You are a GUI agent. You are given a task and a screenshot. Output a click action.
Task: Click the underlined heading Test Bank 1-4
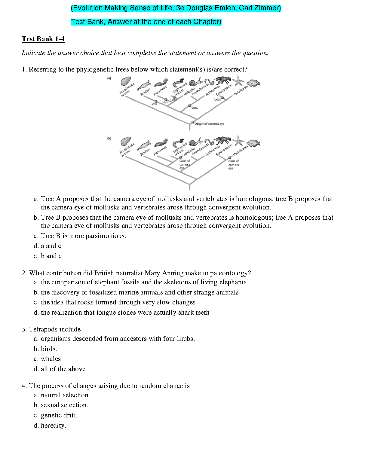(x=43, y=39)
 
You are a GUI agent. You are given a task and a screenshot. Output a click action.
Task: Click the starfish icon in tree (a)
(x=239, y=81)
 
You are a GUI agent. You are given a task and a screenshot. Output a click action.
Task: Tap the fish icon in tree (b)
(x=253, y=143)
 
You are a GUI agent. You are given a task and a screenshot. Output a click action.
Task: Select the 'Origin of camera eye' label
(x=209, y=124)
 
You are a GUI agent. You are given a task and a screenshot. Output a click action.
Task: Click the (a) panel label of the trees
(x=109, y=78)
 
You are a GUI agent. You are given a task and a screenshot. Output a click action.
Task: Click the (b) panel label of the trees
(x=109, y=138)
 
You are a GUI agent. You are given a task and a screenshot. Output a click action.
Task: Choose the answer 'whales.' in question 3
(x=52, y=359)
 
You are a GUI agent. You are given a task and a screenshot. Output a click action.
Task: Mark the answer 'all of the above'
(x=63, y=369)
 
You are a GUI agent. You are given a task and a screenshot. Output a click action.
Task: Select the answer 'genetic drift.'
(x=59, y=415)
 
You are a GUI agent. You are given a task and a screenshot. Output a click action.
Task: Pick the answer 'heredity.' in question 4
(x=54, y=426)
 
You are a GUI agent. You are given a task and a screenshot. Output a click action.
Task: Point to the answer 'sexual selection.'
(x=64, y=405)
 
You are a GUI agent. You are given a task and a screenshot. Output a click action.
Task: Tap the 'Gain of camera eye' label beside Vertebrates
(x=233, y=165)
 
